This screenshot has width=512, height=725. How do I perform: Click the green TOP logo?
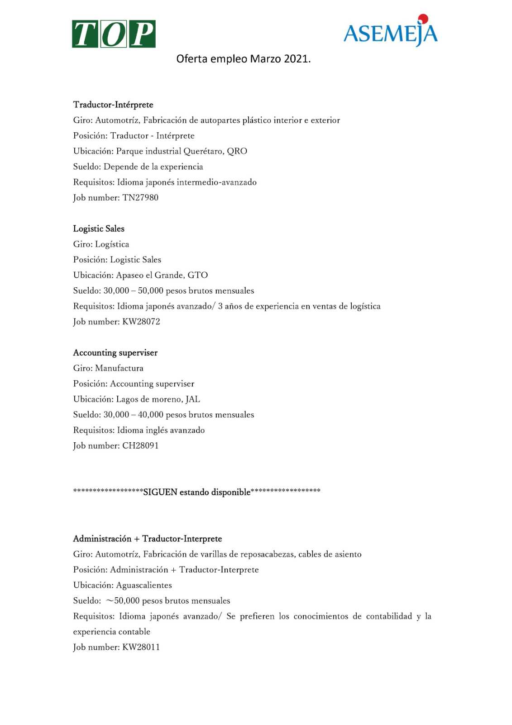coord(114,34)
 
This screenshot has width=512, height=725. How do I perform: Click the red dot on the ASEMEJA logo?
coord(423,19)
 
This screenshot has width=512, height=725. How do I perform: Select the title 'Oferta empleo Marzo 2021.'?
coord(244,59)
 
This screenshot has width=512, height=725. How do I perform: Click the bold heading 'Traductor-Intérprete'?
coord(113,105)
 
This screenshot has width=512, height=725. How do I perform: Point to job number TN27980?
coord(140,198)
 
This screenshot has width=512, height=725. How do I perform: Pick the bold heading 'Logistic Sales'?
coord(99,229)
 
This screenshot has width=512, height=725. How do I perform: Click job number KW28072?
coord(141,322)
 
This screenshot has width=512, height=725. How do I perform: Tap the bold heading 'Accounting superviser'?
coord(115,353)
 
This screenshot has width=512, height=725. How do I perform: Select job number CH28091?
coord(140,446)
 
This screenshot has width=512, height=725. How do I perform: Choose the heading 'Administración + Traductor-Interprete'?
coord(148,539)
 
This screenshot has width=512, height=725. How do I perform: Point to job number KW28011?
coord(141,648)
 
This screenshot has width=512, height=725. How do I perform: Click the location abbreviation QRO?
coord(237,151)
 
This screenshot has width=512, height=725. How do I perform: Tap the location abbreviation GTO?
coord(198,275)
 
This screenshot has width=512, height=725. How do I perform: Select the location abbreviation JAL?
coord(193,399)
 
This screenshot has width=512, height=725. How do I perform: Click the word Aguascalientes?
coord(144,585)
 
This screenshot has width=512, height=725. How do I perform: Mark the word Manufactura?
coord(119,368)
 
